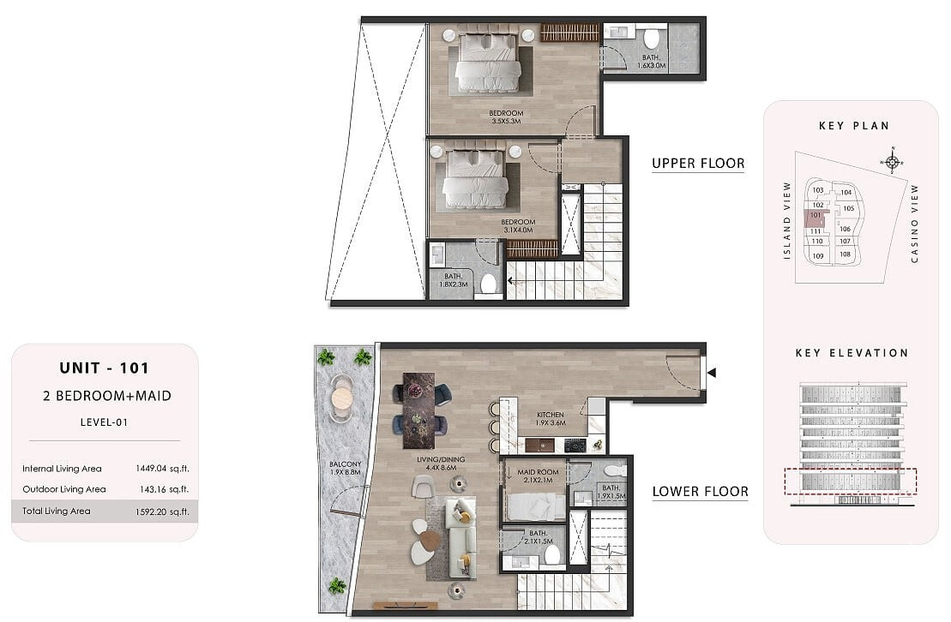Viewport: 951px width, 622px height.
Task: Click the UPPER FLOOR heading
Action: tap(698, 163)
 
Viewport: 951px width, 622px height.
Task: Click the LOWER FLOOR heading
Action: tap(701, 491)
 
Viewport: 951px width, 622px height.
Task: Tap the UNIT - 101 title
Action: tap(105, 368)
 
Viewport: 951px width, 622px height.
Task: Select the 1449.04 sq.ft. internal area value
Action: tap(163, 469)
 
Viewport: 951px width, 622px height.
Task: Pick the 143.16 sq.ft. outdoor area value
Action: tap(165, 489)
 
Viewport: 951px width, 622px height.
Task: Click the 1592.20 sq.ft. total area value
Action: tap(163, 511)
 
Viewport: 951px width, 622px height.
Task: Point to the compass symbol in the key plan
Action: tap(892, 161)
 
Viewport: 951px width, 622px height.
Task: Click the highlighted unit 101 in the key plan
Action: tap(816, 218)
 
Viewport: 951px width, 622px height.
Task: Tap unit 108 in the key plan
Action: tap(845, 254)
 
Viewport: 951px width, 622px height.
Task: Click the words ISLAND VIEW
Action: tap(787, 221)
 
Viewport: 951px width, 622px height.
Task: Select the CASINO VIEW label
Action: tap(915, 224)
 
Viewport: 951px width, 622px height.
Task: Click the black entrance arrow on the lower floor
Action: tap(712, 373)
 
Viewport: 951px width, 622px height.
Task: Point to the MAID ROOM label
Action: tap(538, 472)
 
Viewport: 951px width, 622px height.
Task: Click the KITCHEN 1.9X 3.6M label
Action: tap(551, 419)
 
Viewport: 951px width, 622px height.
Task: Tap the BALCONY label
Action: tap(345, 464)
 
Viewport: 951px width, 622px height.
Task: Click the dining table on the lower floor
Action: tap(419, 410)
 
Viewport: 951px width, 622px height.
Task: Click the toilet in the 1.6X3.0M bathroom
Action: tap(652, 39)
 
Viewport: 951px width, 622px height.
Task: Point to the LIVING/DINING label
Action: tap(441, 459)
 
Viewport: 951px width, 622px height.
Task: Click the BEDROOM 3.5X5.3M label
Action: tap(507, 117)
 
